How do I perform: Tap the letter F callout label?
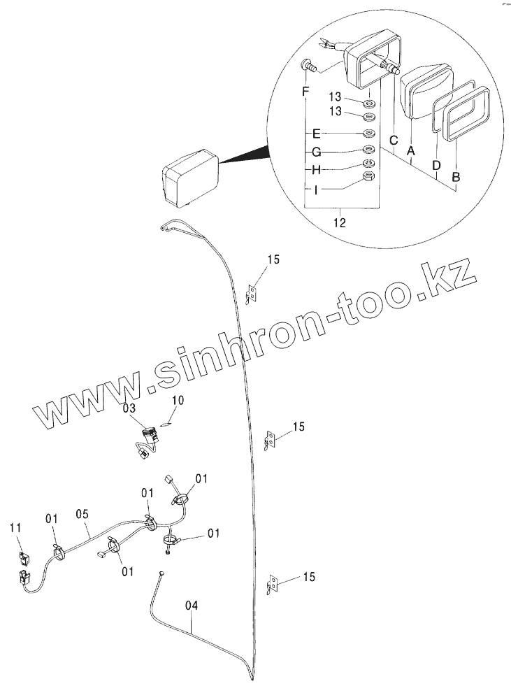tap(305, 92)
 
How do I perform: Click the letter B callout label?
tap(456, 178)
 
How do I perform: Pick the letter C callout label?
tap(394, 139)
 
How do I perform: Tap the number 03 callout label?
tap(130, 407)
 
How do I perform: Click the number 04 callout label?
tap(192, 606)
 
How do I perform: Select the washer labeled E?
tap(369, 132)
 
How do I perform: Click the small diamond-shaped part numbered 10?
tap(166, 422)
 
